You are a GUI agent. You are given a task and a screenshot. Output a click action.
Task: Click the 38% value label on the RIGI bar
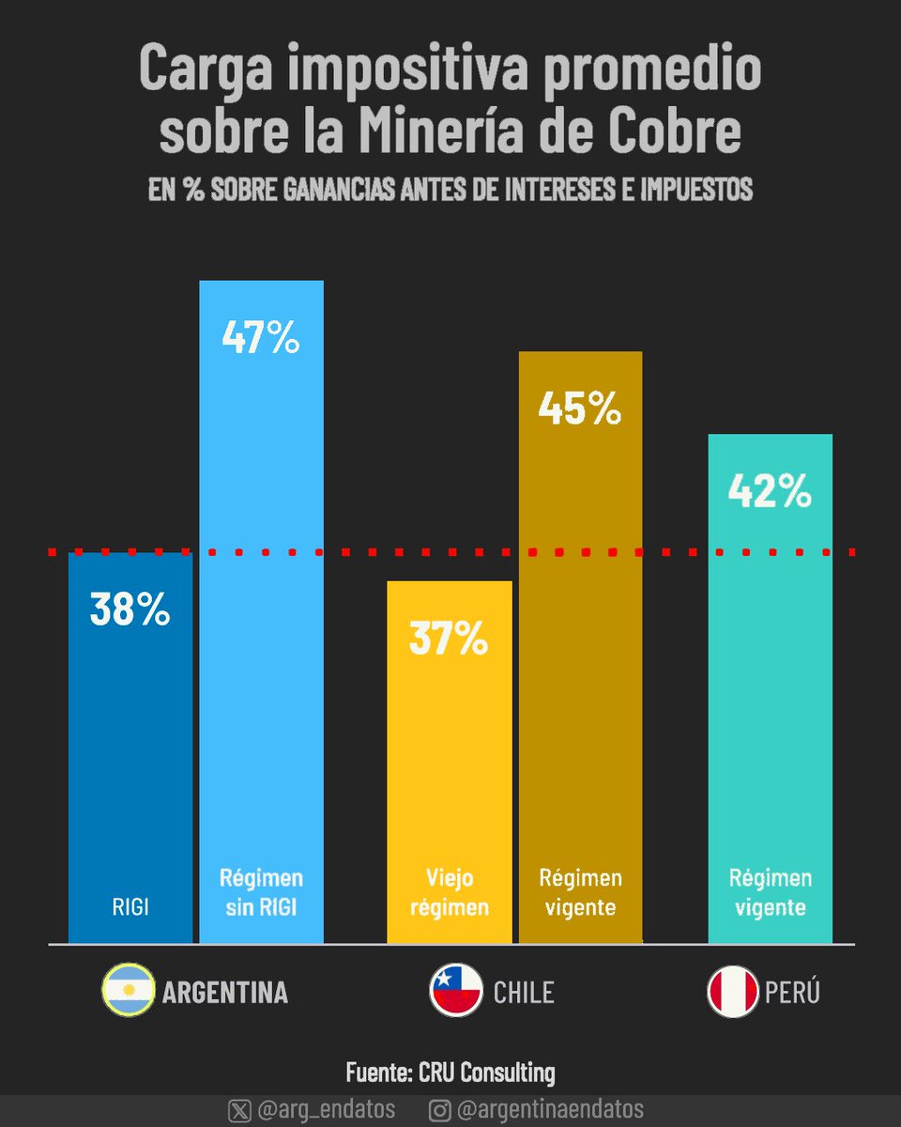[130, 610]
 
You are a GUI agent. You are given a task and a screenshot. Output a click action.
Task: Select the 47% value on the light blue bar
[261, 338]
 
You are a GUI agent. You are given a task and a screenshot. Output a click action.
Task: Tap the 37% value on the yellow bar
[449, 639]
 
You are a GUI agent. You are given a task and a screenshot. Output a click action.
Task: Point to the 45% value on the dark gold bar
[580, 409]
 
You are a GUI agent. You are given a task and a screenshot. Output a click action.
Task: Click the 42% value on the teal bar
[769, 491]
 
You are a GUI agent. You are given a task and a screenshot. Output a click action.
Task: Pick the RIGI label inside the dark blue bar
[130, 907]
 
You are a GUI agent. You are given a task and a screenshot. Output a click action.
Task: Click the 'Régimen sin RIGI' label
[261, 892]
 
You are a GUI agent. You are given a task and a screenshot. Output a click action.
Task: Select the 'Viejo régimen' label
[449, 892]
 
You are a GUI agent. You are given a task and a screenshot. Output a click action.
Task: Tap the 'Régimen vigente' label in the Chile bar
[580, 892]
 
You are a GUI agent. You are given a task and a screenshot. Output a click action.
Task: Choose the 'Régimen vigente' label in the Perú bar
[770, 892]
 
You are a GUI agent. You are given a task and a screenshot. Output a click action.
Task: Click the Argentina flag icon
[127, 991]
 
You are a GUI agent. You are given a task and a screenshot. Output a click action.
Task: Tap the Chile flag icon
[455, 991]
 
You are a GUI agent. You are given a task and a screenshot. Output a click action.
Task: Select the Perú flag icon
[732, 991]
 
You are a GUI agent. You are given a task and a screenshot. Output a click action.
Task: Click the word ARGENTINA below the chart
[225, 993]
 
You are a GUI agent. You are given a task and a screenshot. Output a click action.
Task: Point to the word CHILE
[524, 993]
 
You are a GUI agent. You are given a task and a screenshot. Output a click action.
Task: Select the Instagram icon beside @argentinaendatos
[439, 1110]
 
